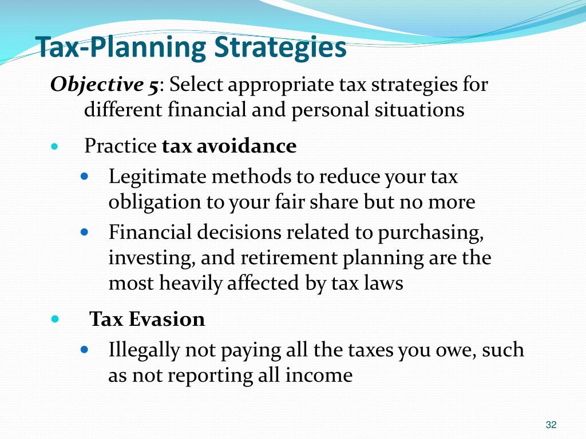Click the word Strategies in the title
280,48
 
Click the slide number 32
551,424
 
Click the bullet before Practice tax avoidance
55,147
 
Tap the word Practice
120,146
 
